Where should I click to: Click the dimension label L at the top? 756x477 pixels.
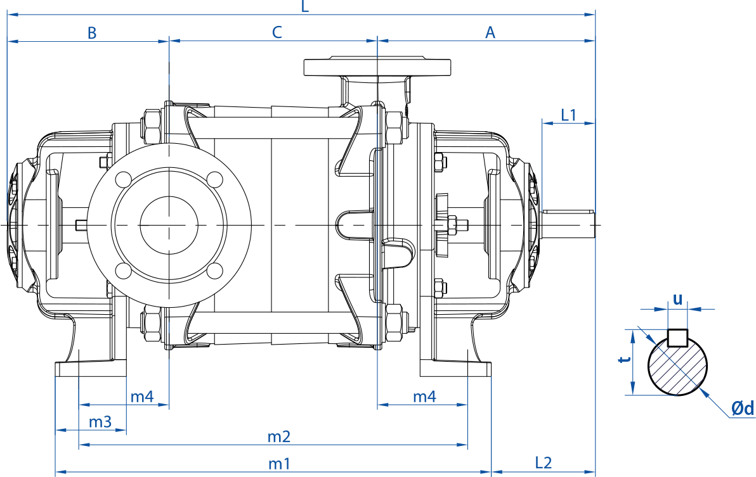coord(304,6)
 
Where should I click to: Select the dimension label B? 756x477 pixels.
coord(91,33)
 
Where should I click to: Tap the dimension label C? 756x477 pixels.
coord(277,32)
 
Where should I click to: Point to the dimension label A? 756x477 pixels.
coord(490,33)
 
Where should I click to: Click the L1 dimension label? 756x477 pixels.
coord(568,115)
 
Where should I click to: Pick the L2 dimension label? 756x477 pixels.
coord(543,463)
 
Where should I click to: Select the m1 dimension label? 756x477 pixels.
coord(279,464)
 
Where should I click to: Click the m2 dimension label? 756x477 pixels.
coord(279,437)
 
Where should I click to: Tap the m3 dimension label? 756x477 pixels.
coord(100,422)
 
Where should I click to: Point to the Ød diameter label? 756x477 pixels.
coord(743,409)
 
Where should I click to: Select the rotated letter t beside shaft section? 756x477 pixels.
coord(625,359)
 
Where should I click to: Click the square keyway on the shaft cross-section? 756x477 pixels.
coord(677,338)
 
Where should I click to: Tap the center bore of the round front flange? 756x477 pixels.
coord(169,225)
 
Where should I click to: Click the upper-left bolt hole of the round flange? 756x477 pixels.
coord(124,179)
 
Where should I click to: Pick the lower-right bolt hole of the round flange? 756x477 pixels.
coord(214,270)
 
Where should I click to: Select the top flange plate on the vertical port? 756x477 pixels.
coord(377,67)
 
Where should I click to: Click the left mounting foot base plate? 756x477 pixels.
coord(91,369)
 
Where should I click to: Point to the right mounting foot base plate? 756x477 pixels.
coord(455,369)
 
